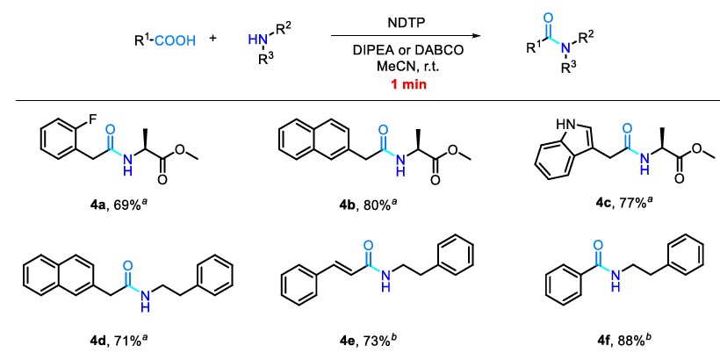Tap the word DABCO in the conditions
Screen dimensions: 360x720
pos(440,51)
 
